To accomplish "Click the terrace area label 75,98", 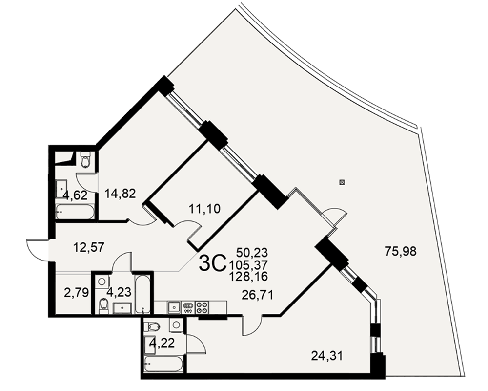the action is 401,251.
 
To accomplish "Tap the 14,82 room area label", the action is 120,194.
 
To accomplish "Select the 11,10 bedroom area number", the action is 205,208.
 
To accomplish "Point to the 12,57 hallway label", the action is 89,248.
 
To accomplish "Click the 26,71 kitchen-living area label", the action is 258,294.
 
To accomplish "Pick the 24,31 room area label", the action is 327,355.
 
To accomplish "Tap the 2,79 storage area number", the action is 77,293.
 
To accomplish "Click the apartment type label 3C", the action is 212,264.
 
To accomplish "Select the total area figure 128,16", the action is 248,276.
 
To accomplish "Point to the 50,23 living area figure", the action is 252,252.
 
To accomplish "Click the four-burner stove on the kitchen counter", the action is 202,307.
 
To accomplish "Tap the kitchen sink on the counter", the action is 174,307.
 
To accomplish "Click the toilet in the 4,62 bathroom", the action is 85,160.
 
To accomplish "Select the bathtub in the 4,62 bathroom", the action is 75,212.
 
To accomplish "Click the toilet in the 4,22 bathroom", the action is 152,326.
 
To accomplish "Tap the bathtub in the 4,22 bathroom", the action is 163,364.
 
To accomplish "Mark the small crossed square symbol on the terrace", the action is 342,182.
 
